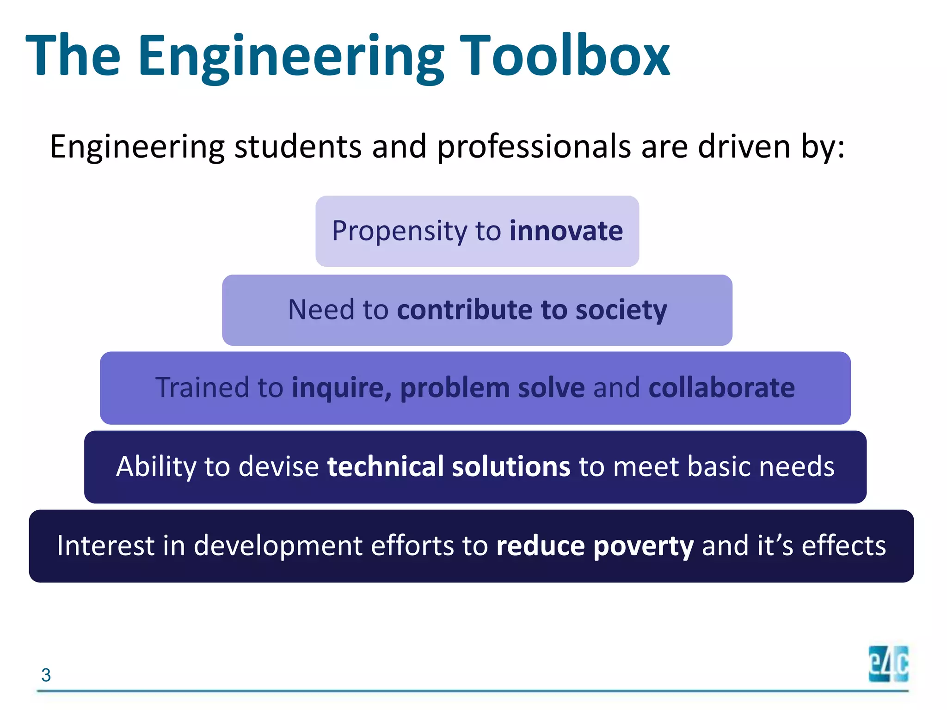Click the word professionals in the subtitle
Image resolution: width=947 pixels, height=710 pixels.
[534, 147]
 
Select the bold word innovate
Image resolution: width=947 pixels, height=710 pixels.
[566, 231]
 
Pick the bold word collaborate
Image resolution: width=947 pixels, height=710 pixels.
[721, 387]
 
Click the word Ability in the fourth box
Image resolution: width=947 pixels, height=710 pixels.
[156, 466]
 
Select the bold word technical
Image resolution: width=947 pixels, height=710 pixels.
[385, 466]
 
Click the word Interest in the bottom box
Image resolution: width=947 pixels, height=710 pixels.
[105, 545]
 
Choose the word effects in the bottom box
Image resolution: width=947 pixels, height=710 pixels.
[843, 545]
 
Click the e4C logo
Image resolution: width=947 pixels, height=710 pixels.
[888, 664]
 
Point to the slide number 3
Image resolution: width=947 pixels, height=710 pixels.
[46, 675]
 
